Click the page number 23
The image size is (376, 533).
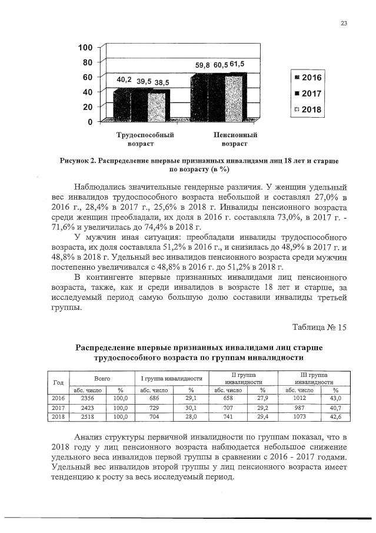point(344,24)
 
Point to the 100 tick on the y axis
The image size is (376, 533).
point(86,47)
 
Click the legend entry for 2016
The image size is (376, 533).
point(307,78)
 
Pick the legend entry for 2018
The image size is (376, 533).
point(307,110)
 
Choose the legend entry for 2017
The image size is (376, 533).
point(307,94)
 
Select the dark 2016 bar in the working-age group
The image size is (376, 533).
point(122,105)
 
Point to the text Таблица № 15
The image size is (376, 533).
point(320,327)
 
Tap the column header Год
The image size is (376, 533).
point(58,382)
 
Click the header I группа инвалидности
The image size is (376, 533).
point(172,378)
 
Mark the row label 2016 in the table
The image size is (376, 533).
point(58,399)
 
